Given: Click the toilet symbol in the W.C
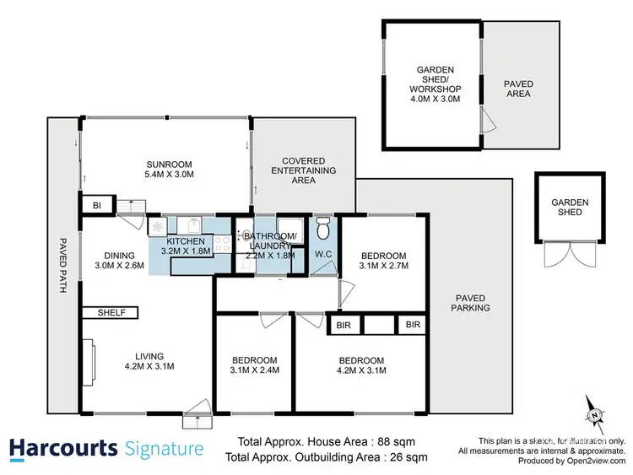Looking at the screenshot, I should (322, 229).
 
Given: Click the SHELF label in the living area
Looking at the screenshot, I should (111, 312).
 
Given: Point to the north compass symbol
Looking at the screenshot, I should (594, 414).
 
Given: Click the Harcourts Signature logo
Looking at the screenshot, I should (106, 448).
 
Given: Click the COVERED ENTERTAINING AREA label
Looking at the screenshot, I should (309, 170).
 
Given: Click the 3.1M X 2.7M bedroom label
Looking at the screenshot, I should (384, 261).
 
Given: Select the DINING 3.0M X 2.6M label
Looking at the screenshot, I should (118, 260).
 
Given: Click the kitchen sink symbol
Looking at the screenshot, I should (192, 225).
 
